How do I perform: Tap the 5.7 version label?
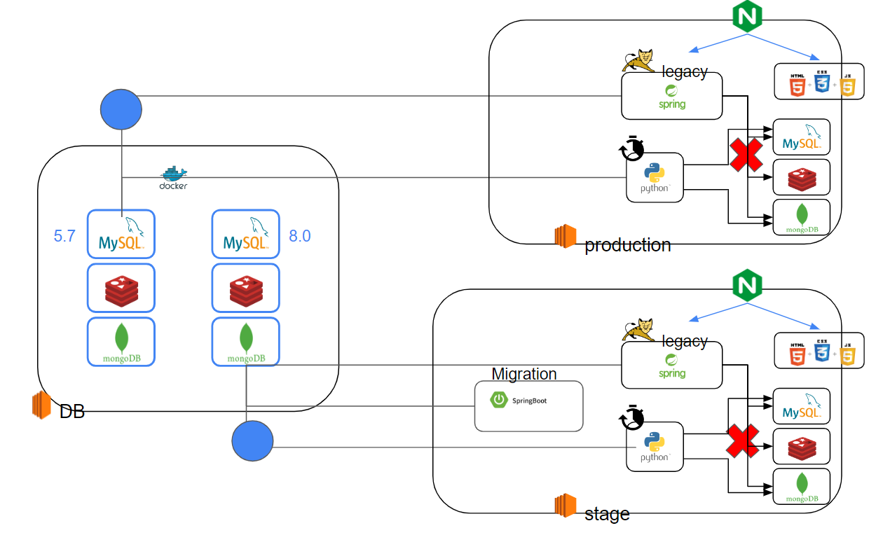64,236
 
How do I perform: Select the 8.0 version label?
299,236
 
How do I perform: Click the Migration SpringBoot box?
528,405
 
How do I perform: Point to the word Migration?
524,374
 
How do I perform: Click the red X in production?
746,155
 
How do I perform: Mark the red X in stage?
743,440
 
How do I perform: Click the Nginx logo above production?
747,17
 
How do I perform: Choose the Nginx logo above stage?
747,286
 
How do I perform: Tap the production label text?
627,245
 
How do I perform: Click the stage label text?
607,514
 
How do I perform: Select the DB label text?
72,412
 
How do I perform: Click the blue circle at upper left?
121,110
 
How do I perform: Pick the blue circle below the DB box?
252,441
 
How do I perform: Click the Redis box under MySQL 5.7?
121,288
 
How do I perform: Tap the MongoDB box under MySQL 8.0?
246,342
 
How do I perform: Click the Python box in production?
655,178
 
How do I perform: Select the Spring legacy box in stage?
671,365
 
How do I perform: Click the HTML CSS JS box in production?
819,81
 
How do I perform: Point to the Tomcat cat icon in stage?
639,331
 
